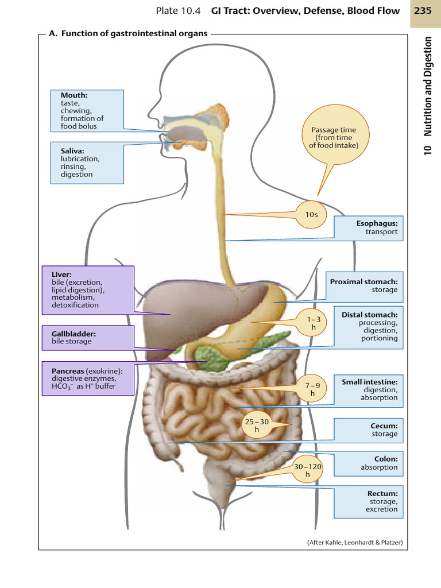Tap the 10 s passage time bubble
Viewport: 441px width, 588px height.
(x=311, y=214)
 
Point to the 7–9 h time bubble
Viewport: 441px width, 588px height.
(x=312, y=390)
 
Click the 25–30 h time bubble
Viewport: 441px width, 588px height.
(x=257, y=425)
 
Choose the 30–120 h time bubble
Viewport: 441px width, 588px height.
(x=307, y=470)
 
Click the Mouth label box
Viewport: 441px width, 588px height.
(x=87, y=111)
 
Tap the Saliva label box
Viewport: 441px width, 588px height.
(x=87, y=163)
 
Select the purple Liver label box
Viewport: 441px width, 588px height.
(x=87, y=289)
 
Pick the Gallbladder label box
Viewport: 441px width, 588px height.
(x=87, y=337)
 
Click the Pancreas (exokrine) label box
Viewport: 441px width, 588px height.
(x=87, y=378)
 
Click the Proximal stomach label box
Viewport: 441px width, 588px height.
(x=363, y=286)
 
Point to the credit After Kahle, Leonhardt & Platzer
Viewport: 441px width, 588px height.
(x=354, y=543)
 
